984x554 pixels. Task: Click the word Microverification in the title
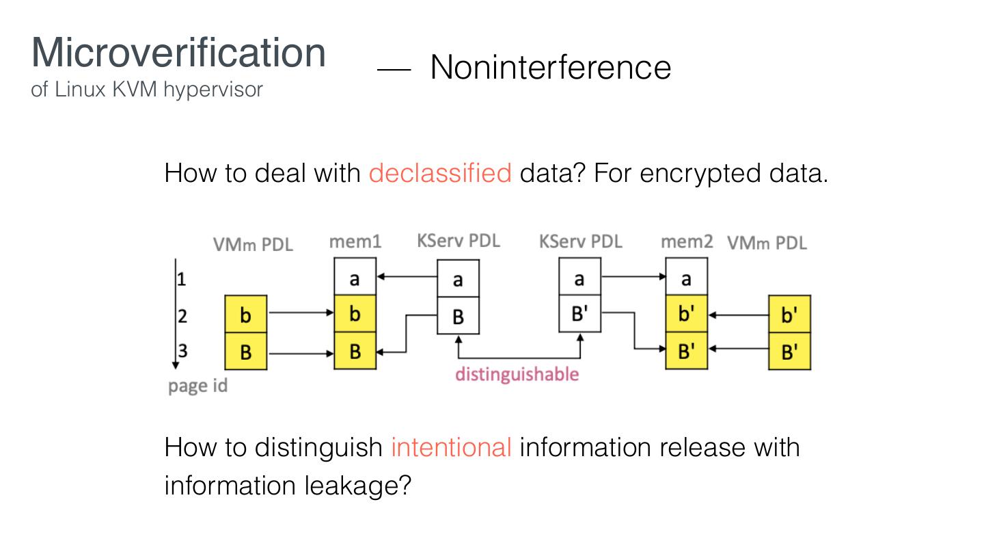point(178,52)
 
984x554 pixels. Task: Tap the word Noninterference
point(550,67)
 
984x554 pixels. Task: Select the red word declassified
point(440,173)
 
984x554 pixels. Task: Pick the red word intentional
point(451,447)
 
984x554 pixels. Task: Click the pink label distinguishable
point(517,374)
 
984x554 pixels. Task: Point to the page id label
point(197,386)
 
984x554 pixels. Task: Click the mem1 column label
point(355,241)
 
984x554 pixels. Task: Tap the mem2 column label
point(686,241)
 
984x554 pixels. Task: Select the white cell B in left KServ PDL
point(458,316)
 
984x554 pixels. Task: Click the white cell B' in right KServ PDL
point(579,314)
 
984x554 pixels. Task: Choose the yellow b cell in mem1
point(355,314)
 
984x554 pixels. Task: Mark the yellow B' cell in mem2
point(686,351)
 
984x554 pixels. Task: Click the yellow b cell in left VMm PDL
point(246,315)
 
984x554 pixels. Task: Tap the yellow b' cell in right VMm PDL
point(789,315)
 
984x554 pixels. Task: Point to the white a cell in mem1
point(355,278)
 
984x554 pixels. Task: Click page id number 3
point(182,351)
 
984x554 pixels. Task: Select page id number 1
point(182,278)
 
